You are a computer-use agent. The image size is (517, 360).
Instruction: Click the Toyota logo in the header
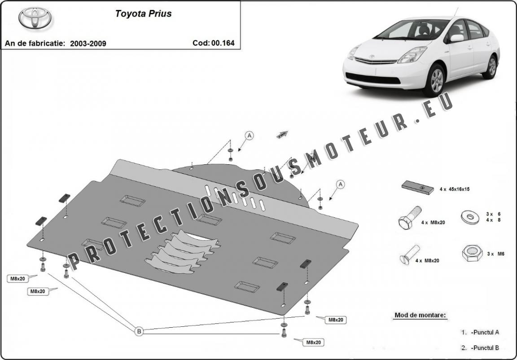[35, 18]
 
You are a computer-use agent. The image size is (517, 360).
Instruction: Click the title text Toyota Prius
[143, 13]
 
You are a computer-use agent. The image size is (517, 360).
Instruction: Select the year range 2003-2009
[88, 44]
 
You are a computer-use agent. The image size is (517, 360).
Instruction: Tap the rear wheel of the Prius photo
[492, 67]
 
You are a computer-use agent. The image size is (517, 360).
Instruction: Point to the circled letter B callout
[140, 331]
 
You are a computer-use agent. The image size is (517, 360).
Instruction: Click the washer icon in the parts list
[470, 217]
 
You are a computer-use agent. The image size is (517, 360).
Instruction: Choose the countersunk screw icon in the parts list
[410, 255]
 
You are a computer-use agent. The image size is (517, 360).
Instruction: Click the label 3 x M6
[496, 254]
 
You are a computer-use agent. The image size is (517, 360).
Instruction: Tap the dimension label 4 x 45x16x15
[454, 189]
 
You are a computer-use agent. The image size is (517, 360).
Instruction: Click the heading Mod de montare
[420, 315]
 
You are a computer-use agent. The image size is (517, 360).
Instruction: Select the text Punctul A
[485, 333]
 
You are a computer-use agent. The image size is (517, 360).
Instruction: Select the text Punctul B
[485, 347]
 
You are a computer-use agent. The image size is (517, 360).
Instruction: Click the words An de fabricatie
[35, 44]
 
